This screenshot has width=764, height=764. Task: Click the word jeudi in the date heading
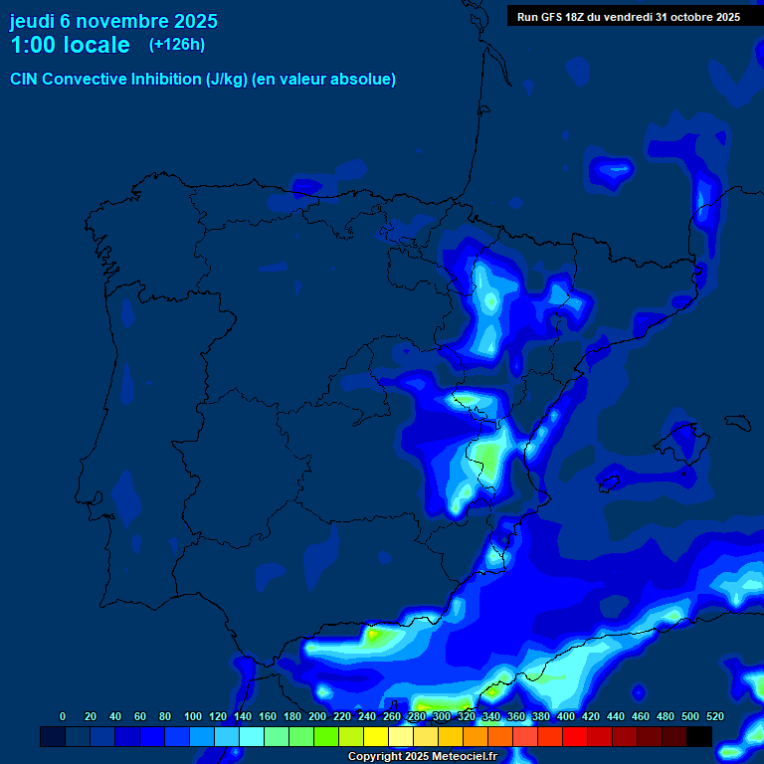pos(32,21)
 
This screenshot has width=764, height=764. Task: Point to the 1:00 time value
pos(31,46)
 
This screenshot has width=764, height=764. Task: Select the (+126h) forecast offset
pos(176,44)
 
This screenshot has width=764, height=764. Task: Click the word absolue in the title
pos(363,80)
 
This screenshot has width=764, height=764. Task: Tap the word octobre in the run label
pos(695,17)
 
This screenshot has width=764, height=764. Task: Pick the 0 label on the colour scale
pos(63,716)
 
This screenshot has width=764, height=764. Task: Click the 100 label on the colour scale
pos(193,716)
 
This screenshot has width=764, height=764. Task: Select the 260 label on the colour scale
pos(392,716)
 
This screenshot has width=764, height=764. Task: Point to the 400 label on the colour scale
pos(566,716)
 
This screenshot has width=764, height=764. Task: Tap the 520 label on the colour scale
pos(715,716)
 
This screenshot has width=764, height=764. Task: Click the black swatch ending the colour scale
pos(699,736)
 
